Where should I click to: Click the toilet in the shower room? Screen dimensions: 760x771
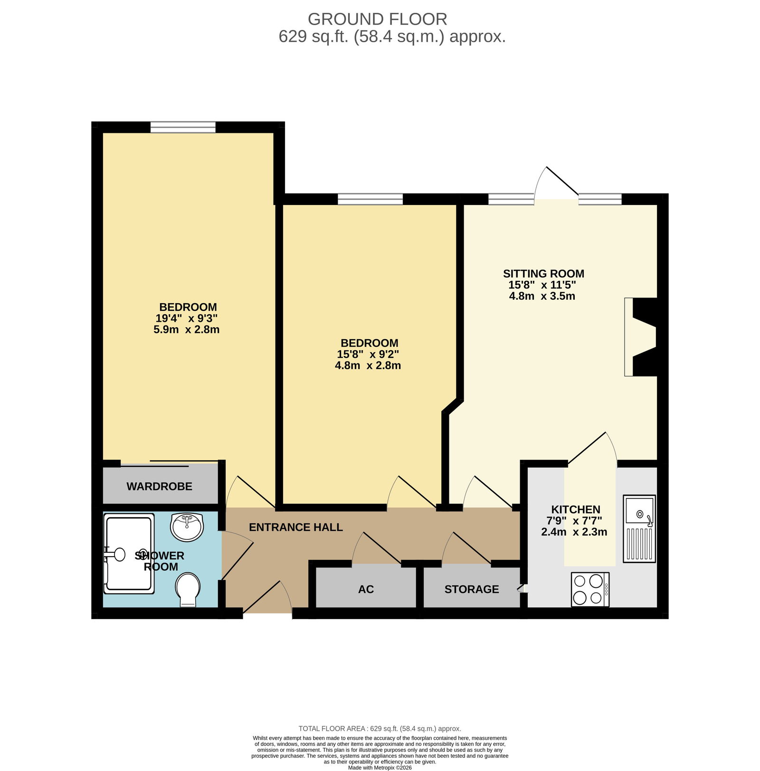[x=188, y=590]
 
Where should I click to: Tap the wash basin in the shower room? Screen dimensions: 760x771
[x=187, y=527]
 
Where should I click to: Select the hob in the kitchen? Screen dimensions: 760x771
[x=590, y=589]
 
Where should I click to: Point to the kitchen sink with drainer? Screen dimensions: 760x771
[x=639, y=529]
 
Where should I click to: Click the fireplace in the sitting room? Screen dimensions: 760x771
[x=641, y=337]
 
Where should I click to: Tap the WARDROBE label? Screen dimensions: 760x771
[x=160, y=486]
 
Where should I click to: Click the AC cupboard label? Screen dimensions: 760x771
[x=366, y=589]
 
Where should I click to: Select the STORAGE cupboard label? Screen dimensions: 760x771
[x=472, y=589]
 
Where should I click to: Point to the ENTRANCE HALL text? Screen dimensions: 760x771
[x=296, y=527]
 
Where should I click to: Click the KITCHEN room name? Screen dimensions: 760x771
[x=576, y=510]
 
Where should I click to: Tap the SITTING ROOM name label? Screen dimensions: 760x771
[x=543, y=274]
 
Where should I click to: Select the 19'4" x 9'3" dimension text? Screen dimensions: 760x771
[x=187, y=318]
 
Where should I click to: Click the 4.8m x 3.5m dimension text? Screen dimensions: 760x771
[x=542, y=296]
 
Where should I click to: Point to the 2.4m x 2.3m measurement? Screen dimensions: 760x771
[x=574, y=532]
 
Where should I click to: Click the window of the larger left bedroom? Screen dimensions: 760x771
[x=183, y=127]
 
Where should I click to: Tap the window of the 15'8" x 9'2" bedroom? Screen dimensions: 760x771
[x=370, y=199]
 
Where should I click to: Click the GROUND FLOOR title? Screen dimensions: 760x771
[x=378, y=19]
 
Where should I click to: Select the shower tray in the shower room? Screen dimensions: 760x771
[x=129, y=554]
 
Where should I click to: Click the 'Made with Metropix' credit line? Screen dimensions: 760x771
[x=380, y=768]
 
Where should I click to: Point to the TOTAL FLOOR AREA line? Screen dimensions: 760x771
[x=380, y=729]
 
